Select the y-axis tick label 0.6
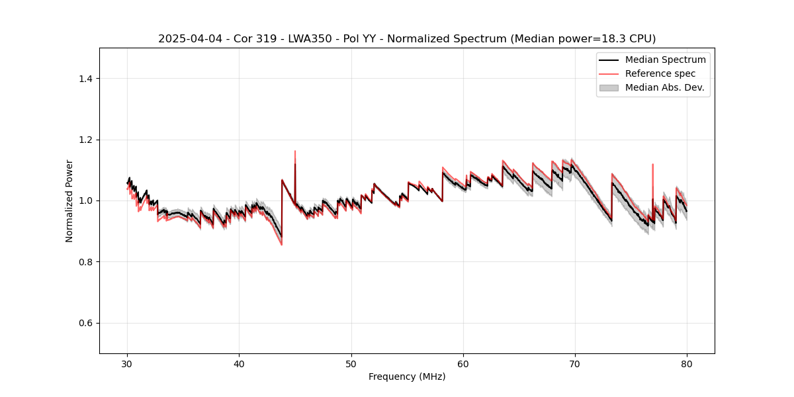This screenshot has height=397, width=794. tap(85, 323)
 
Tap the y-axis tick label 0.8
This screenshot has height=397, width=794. tap(85, 262)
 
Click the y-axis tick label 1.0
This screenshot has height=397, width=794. tap(85, 200)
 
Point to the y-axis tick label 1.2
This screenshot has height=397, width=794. tap(85, 140)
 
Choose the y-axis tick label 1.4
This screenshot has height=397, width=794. tap(85, 79)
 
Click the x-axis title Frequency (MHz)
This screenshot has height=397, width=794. tap(407, 376)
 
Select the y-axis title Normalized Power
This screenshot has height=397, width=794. tap(69, 200)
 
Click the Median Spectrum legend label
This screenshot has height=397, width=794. tap(665, 60)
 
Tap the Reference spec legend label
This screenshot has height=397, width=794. tap(660, 73)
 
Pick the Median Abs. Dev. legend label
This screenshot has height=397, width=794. tap(664, 87)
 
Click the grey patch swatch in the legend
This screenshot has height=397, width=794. tap(609, 87)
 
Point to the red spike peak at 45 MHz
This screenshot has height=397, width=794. tap(295, 151)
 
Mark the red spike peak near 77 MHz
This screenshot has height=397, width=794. tap(652, 164)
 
